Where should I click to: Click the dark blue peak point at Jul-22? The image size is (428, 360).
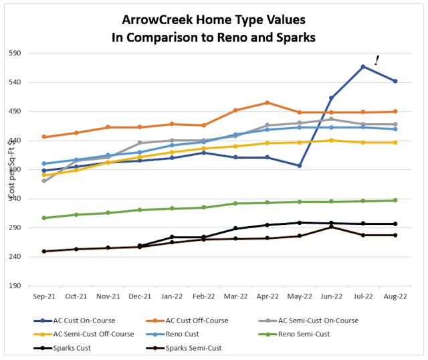coord(363,66)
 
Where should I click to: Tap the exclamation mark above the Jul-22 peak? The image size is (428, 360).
coord(377,60)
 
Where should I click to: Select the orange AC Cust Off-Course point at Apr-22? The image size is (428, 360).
coord(267,102)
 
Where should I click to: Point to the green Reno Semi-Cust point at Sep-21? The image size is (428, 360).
coord(43,217)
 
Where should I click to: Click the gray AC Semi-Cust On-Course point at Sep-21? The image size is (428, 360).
coord(43,181)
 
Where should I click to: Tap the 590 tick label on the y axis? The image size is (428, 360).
coord(15,54)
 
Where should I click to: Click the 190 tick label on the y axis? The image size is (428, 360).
coord(15,286)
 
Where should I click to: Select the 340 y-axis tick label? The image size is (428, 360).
coord(15,199)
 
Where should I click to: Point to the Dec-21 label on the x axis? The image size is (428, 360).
coord(139,296)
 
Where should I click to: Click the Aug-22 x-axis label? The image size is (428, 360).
coord(395,296)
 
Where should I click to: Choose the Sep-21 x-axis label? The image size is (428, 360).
coord(43,296)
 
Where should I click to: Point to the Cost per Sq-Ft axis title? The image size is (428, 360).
coord(11,171)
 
